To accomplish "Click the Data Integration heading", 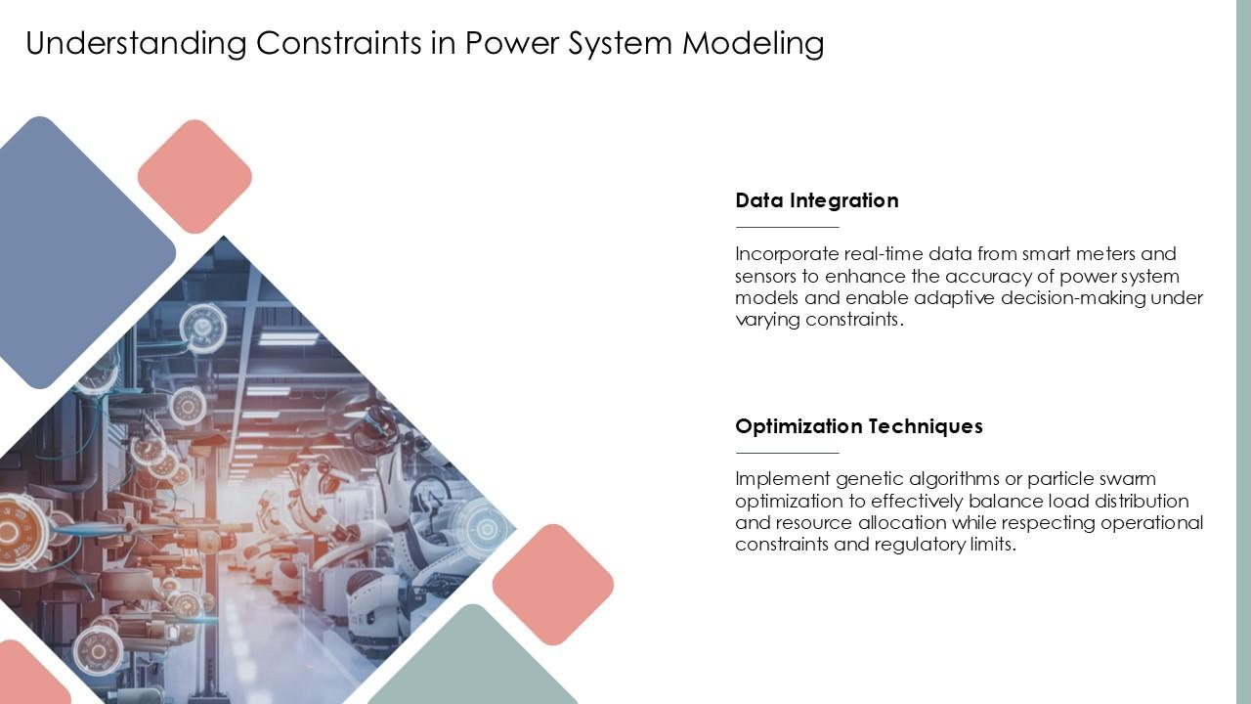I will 816,200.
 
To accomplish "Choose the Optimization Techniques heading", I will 858,426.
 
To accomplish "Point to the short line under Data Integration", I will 787,227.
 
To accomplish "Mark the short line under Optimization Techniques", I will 787,453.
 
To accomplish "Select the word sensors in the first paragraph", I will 765,276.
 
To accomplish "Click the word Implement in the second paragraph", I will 782,479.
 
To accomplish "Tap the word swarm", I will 1129,479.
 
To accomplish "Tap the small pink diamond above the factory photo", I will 194,177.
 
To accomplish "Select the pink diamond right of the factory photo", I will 553,585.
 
